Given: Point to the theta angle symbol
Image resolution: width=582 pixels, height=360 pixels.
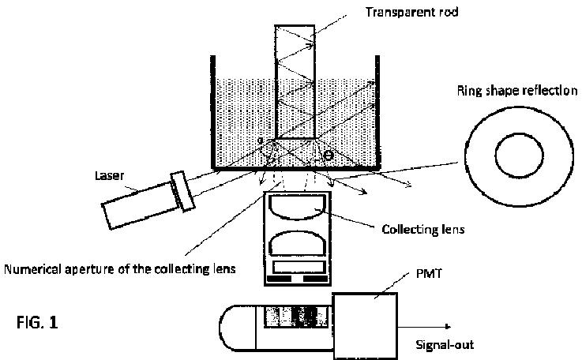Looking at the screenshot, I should pyautogui.click(x=329, y=156).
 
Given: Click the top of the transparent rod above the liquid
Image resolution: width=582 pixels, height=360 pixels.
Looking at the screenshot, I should pyautogui.click(x=295, y=47).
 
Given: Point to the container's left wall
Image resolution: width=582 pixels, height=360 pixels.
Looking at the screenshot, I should pyautogui.click(x=214, y=111).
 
